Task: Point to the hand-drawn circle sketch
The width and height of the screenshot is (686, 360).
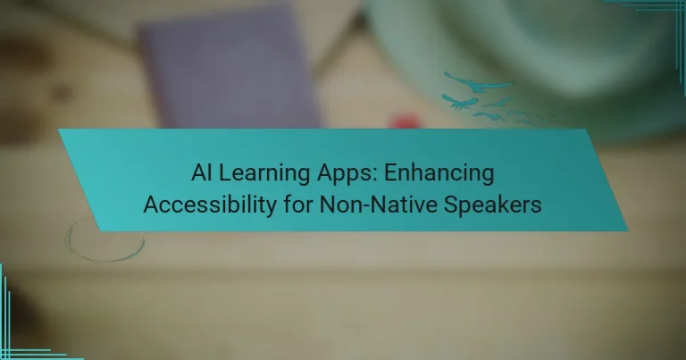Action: coord(105,239)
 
